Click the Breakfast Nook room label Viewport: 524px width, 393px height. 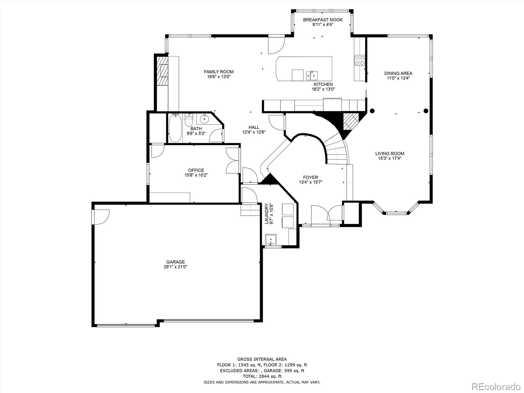click(323, 20)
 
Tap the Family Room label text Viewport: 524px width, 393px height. click(219, 72)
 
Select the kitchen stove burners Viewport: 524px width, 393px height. click(360, 60)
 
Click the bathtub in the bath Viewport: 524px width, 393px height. click(175, 128)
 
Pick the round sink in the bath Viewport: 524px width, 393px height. click(204, 118)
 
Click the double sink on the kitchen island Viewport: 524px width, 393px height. click(312, 75)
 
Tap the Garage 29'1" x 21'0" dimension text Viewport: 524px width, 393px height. click(176, 267)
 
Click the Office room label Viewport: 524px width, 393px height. click(196, 170)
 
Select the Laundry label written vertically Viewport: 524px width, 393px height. click(267, 214)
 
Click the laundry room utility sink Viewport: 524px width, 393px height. click(271, 239)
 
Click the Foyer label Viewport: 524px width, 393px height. click(310, 178)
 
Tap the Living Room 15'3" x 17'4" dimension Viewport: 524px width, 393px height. click(390, 158)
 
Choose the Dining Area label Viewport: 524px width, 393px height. click(398, 73)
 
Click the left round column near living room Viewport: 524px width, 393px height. click(372, 111)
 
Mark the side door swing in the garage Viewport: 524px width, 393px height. click(101, 217)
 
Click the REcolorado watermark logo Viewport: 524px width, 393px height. click(496, 386)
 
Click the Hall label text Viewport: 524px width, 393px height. click(254, 127)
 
